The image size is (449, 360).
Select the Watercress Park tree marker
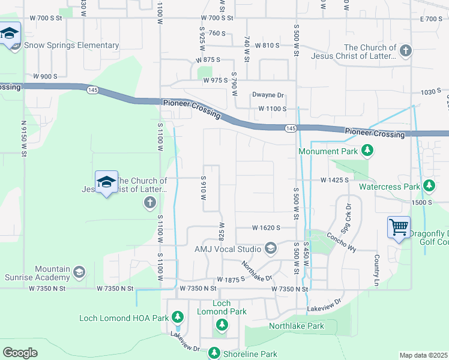point(429,186)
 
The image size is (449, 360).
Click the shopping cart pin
point(399,228)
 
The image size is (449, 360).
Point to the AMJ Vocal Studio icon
point(270,248)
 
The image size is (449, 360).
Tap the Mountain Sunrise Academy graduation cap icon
point(79,274)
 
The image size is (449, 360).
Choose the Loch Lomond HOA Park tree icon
point(178,316)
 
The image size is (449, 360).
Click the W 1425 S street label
point(335,180)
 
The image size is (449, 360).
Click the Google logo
point(20,352)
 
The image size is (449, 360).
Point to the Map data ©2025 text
point(423,355)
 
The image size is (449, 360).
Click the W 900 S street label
point(45,76)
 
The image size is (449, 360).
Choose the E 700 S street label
point(431,19)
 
